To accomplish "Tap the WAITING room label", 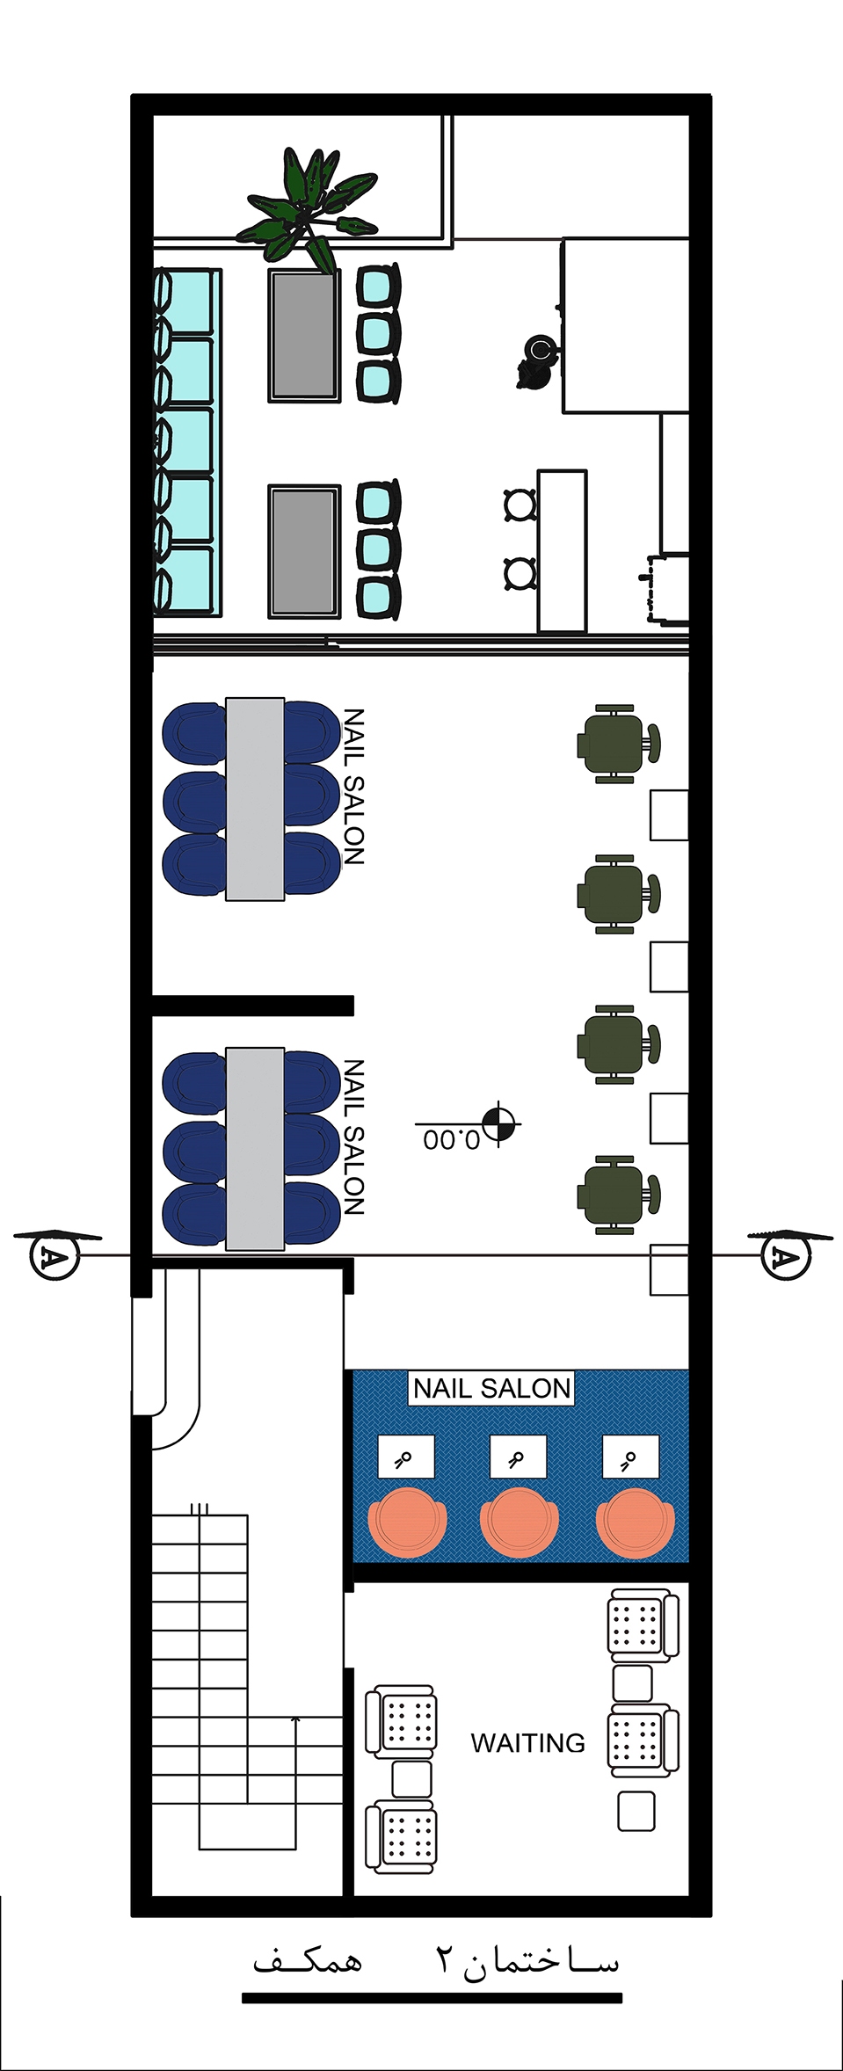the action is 527,1742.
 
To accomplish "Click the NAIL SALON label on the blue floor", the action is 491,1388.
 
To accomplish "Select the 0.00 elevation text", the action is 452,1140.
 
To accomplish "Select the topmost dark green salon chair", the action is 618,744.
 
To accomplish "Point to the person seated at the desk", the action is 536,360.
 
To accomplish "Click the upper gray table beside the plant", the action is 304,335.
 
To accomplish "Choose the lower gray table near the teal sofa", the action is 304,551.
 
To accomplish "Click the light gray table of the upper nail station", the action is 255,799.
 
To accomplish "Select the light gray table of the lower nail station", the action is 255,1149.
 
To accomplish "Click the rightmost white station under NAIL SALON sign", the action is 630,1457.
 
